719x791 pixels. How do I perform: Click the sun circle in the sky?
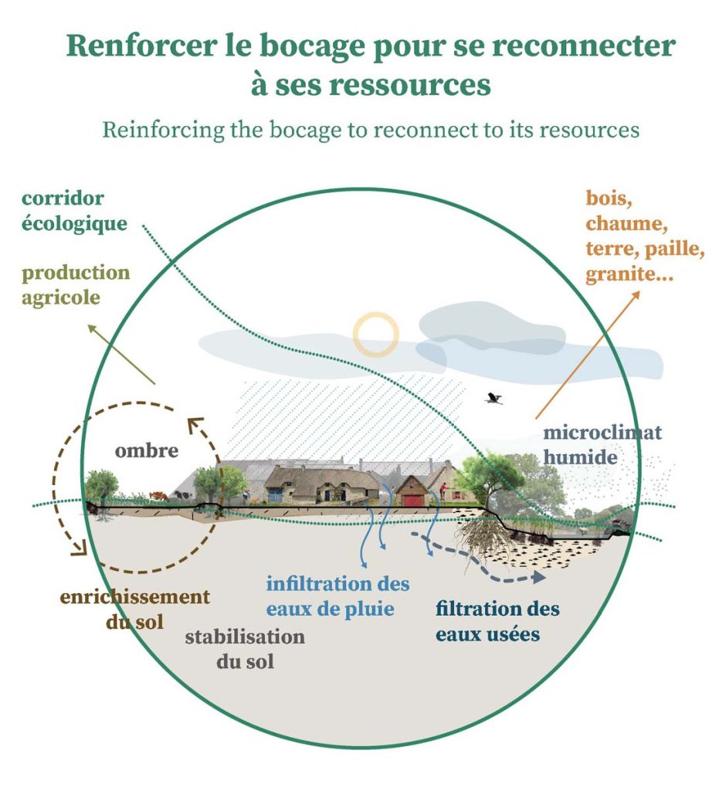pyautogui.click(x=376, y=334)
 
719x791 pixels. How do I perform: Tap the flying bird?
pyautogui.click(x=493, y=399)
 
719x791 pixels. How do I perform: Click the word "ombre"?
pyautogui.click(x=147, y=450)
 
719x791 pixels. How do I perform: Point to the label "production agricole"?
pyautogui.click(x=76, y=284)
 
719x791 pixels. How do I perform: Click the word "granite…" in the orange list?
pyautogui.click(x=628, y=274)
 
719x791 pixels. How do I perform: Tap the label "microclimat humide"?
pyautogui.click(x=602, y=444)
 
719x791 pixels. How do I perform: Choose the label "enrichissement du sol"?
pyautogui.click(x=134, y=609)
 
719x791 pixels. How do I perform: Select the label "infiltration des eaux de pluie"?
pyautogui.click(x=337, y=596)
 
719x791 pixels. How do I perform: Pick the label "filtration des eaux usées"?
pyautogui.click(x=497, y=621)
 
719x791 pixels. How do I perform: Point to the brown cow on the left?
pyautogui.click(x=158, y=495)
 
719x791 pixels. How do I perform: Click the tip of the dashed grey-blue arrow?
pyautogui.click(x=541, y=577)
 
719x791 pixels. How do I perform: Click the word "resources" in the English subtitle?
pyautogui.click(x=588, y=128)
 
